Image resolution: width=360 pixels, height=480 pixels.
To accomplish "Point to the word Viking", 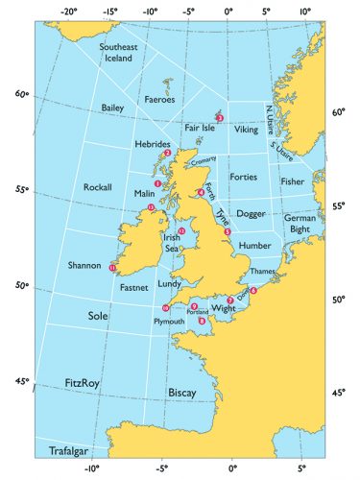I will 246,128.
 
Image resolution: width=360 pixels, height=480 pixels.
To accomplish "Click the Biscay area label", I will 181,393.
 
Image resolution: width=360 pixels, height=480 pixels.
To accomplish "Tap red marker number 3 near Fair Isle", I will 220,117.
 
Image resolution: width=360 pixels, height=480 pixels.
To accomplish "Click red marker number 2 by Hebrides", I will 167,153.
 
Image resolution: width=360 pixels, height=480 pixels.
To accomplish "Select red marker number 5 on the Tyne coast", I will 228,232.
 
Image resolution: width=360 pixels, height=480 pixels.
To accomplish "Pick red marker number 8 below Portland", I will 202,321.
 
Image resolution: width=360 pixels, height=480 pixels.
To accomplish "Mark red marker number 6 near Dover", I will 253,290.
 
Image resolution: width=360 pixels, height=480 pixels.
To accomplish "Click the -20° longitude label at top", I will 69,12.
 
